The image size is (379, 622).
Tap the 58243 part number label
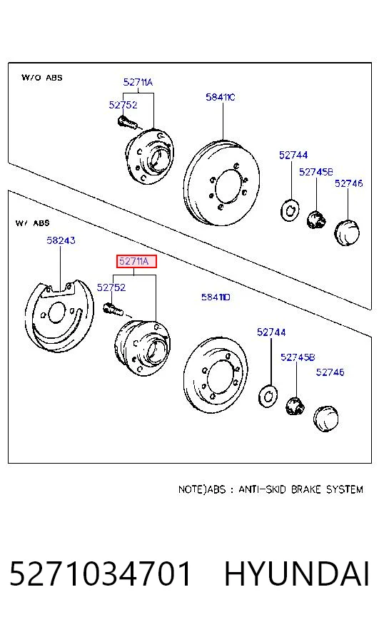coord(61,240)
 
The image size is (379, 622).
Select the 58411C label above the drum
coord(221,97)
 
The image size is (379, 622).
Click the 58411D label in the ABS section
coord(216,297)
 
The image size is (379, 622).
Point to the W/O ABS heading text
coord(41,77)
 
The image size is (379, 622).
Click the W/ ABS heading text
coord(33,223)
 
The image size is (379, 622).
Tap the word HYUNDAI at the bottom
coord(297,573)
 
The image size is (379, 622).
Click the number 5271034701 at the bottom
coord(100,573)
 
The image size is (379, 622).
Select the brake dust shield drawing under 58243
coord(59,316)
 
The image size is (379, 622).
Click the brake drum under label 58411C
coord(221,183)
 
